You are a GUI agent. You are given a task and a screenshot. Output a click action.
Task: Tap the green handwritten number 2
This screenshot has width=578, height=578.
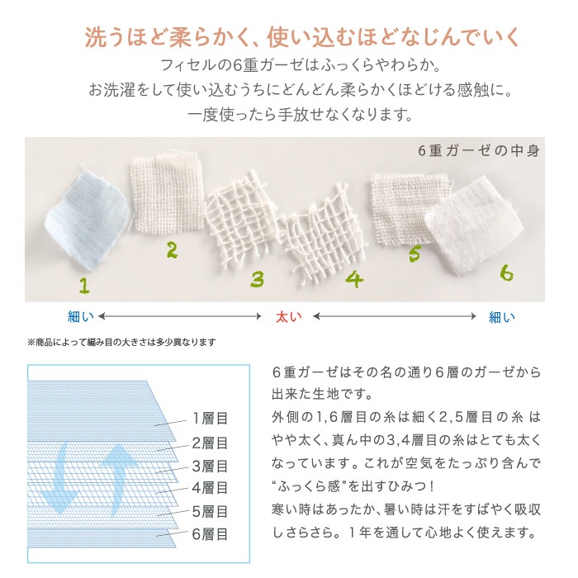tap(172, 250)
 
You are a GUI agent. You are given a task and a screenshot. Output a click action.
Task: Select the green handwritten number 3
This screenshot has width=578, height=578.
tap(257, 279)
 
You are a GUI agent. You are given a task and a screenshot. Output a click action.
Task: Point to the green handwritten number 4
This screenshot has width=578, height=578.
tap(354, 279)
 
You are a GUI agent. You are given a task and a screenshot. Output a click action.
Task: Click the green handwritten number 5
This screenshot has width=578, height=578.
tap(415, 253)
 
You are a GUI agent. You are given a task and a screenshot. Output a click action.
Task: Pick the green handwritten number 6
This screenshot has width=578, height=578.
tap(506, 273)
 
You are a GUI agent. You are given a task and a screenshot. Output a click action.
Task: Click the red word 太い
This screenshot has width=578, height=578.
tap(288, 316)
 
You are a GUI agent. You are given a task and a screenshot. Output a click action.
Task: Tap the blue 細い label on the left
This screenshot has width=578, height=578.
tap(81, 316)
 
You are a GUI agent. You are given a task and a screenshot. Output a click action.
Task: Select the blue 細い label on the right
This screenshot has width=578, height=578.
tap(502, 316)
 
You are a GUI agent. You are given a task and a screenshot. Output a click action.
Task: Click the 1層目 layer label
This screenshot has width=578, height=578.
tap(210, 419)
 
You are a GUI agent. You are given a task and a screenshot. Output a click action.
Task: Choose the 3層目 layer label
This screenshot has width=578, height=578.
tap(210, 467)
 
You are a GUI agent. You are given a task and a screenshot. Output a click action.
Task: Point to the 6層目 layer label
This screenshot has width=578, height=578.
tap(210, 534)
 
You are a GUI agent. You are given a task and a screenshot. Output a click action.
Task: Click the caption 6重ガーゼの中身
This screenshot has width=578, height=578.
tap(478, 150)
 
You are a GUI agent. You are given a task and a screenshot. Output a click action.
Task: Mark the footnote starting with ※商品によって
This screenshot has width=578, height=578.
tap(122, 343)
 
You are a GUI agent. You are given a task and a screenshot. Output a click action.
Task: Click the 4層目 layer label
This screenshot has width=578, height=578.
tap(210, 488)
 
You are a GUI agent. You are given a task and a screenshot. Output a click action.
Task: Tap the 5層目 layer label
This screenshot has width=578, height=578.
tap(210, 512)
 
